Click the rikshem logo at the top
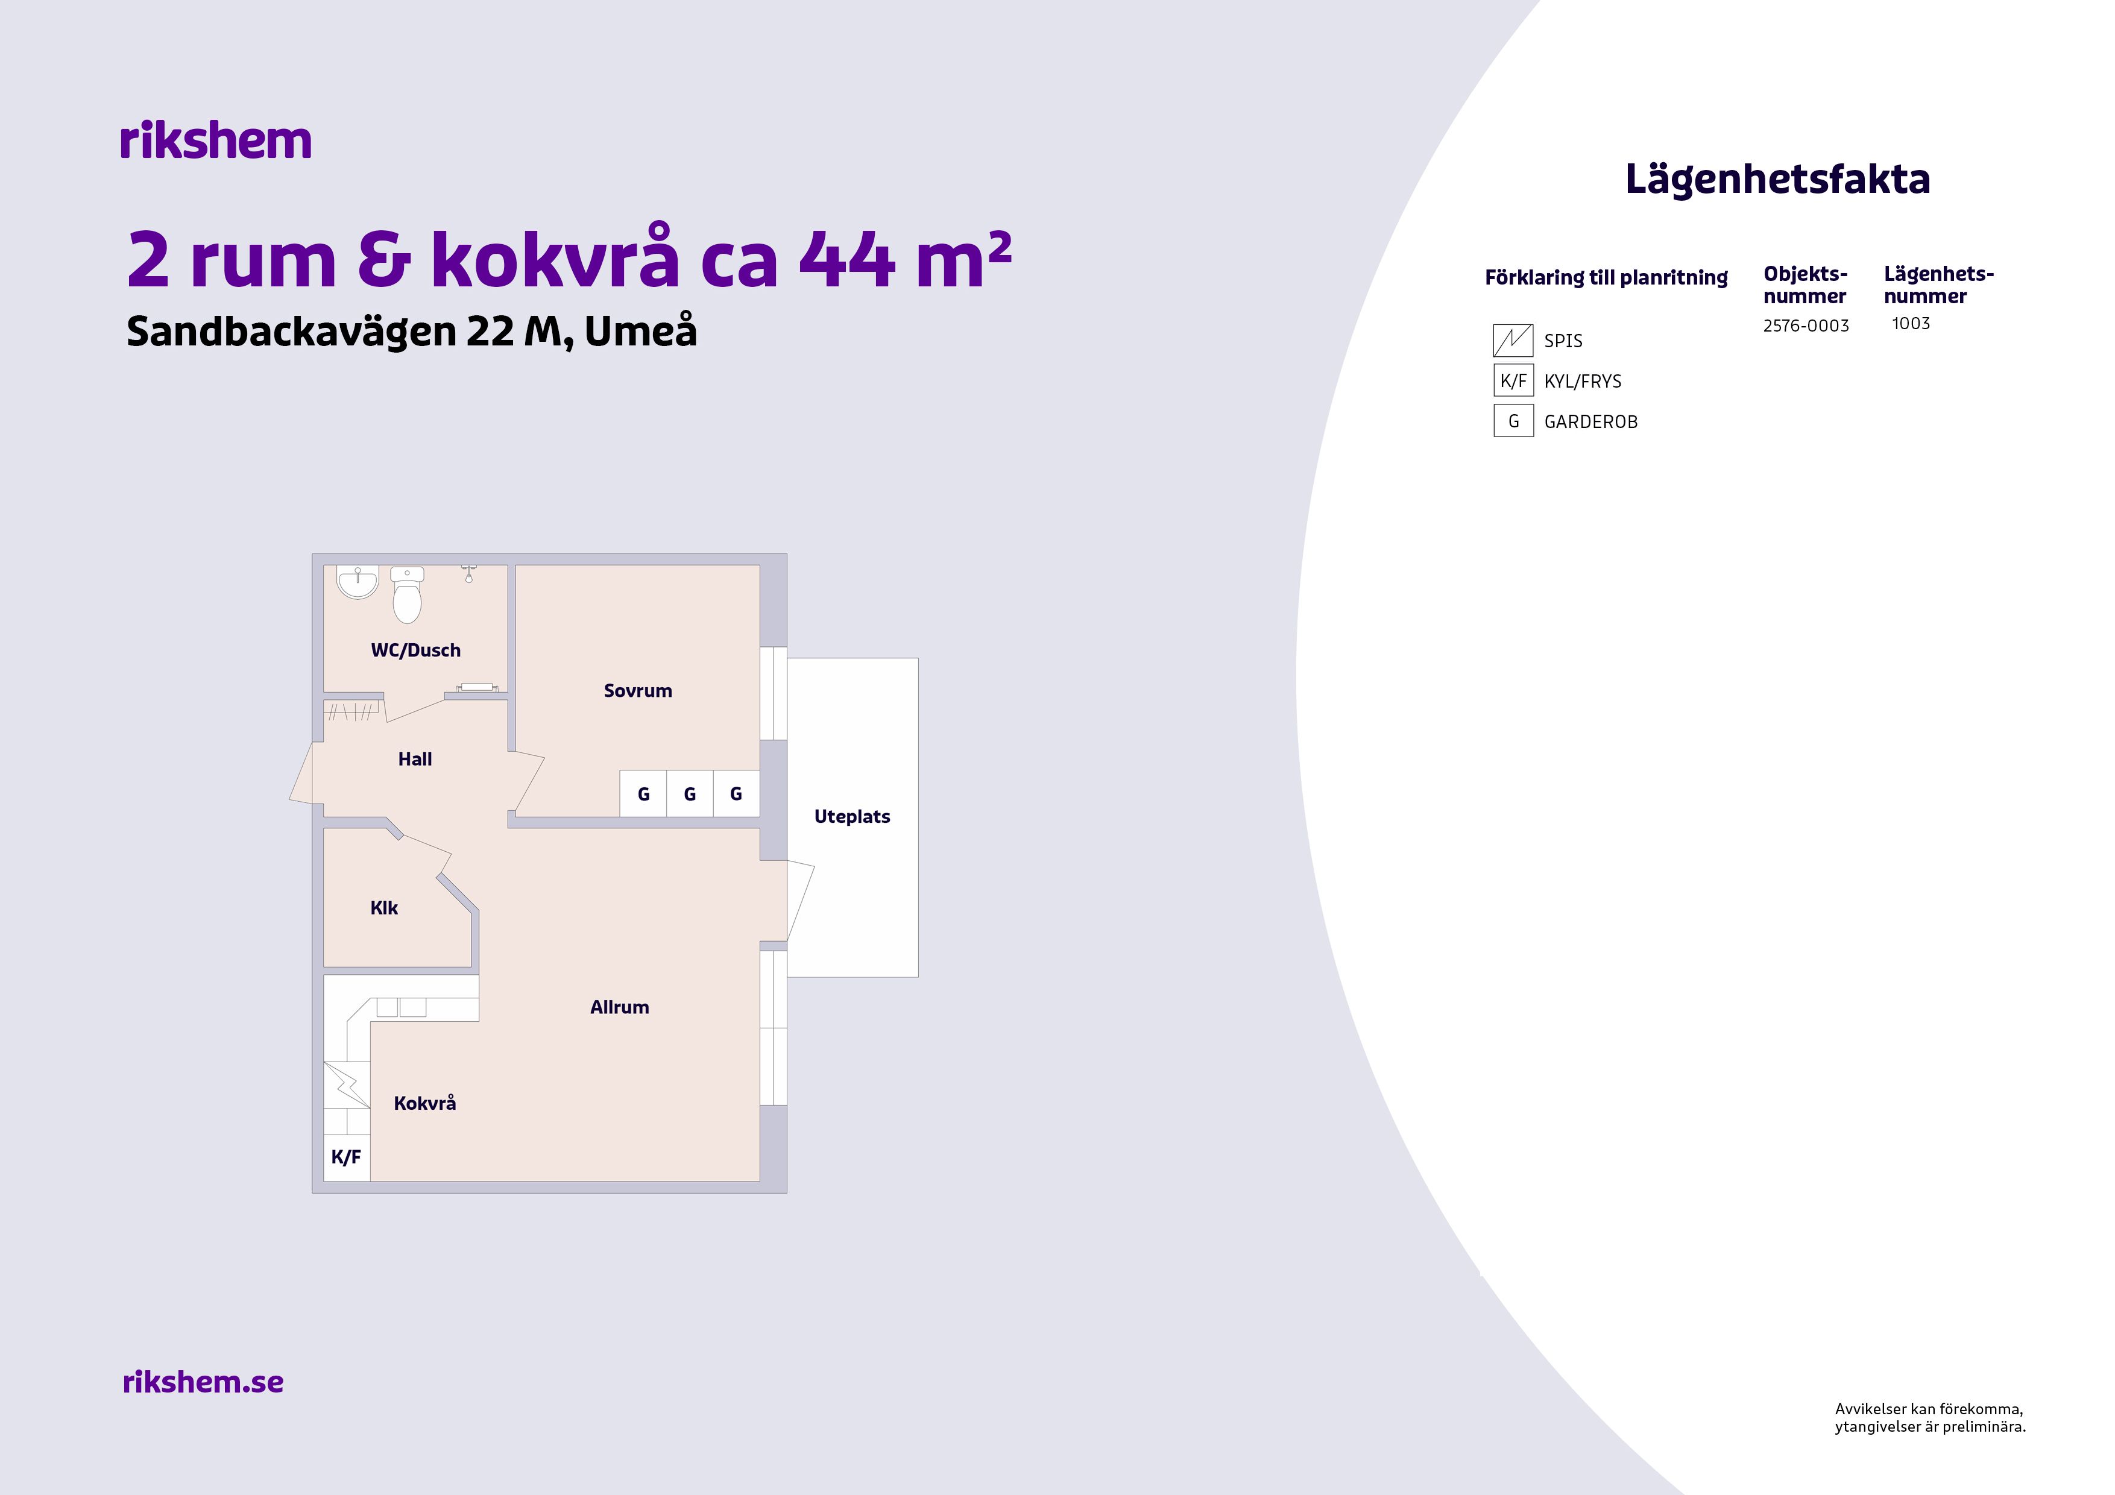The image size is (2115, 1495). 216,141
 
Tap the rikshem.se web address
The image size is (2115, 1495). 203,1382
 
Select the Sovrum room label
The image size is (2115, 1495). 637,691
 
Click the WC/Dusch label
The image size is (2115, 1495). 415,650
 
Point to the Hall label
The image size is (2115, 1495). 415,759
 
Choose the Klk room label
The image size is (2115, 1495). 384,908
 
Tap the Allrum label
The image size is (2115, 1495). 620,1008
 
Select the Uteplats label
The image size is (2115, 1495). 852,817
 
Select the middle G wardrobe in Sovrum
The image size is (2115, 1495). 689,794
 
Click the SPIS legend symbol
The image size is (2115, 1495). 1513,341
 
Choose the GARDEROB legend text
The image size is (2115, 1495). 1591,422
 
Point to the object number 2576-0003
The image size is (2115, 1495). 1806,326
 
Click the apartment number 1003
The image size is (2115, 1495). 1911,323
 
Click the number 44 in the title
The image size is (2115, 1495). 846,260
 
